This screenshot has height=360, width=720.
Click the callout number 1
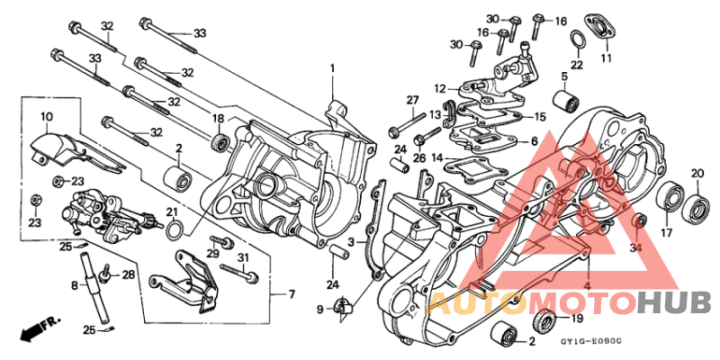pos(331,69)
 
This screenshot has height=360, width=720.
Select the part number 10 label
pos(46,116)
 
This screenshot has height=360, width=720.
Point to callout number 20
pos(697,174)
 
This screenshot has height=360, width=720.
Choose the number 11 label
pos(606,58)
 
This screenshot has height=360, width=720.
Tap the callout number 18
pos(218,119)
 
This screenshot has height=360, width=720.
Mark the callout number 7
pos(291,294)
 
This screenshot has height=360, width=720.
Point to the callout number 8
pos(75,285)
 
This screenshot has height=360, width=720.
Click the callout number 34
pos(636,248)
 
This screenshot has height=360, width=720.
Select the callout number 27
pos(412,100)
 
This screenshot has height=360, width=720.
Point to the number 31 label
pos(241,258)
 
